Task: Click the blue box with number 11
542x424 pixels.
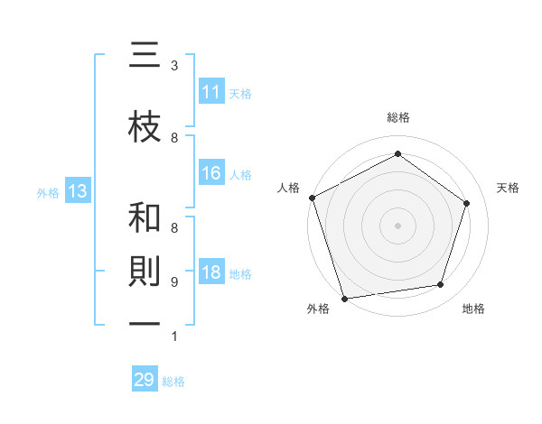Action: coord(211,92)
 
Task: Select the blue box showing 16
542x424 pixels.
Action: coord(211,173)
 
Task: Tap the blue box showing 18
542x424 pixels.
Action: coord(211,272)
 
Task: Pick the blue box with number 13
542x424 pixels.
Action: coord(78,191)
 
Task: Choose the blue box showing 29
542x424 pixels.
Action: coord(145,380)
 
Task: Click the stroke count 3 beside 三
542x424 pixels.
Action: coord(174,66)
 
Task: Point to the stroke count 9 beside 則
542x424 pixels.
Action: coord(174,282)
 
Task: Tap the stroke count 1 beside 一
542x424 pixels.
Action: coord(174,336)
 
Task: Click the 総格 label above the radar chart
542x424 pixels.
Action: coord(398,117)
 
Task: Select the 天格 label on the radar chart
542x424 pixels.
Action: coord(509,188)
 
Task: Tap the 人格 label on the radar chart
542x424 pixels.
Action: coord(288,188)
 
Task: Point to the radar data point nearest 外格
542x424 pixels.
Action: coord(344,298)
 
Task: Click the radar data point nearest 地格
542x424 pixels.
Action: coord(441,285)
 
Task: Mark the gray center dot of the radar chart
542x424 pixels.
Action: coord(398,225)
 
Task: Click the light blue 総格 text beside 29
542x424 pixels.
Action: coord(173,382)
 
